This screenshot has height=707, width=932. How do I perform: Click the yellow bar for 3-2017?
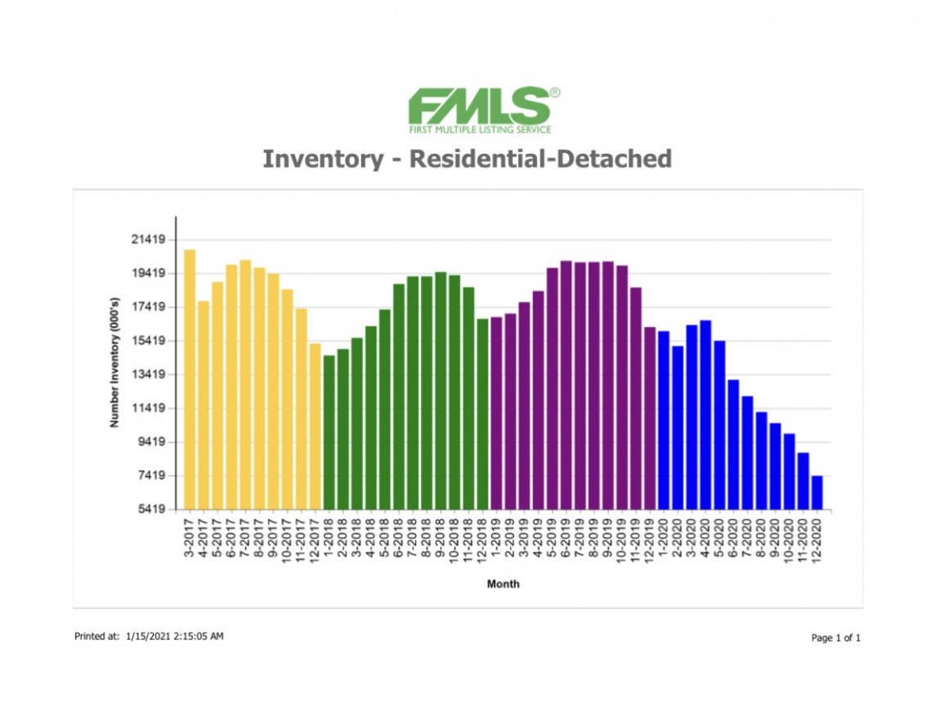click(190, 379)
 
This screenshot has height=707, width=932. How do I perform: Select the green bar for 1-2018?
click(329, 432)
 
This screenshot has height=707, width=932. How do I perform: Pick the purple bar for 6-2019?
click(566, 385)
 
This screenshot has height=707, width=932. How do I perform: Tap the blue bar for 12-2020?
click(817, 493)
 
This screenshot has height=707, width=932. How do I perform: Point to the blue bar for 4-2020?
click(706, 414)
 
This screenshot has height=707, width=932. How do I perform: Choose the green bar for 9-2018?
click(441, 391)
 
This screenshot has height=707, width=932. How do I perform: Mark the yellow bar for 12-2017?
click(315, 427)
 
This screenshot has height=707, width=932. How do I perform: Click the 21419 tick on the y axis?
click(148, 239)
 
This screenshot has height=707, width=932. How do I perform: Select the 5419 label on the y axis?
click(152, 509)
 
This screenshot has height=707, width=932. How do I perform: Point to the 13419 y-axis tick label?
click(148, 374)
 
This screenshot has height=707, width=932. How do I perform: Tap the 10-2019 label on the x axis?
click(621, 540)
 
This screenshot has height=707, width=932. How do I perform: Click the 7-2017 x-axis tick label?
click(245, 539)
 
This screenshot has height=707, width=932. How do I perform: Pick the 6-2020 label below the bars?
click(733, 539)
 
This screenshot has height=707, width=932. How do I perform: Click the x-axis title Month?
click(504, 584)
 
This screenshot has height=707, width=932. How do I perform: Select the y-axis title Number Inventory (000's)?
click(114, 362)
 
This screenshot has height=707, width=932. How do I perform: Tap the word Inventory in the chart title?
click(324, 159)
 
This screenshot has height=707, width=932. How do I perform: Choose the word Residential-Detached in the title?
click(540, 159)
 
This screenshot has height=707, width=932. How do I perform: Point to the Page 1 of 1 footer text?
click(836, 638)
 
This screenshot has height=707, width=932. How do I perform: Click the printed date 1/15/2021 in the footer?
click(148, 636)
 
